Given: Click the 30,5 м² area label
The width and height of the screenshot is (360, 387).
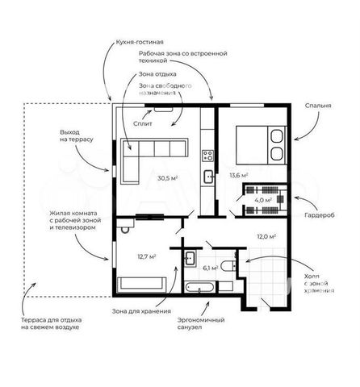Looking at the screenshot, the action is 167,178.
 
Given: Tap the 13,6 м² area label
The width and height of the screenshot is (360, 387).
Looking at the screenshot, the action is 239,175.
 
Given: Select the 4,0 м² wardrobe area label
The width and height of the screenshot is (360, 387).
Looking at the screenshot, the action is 263,200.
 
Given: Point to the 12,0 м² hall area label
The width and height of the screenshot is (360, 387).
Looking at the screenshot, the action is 267,236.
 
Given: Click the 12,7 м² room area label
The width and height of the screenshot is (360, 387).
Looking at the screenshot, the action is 147,256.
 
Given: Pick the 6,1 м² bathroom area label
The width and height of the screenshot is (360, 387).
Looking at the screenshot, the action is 211,268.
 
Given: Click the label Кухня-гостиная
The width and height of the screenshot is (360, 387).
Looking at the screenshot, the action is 140,42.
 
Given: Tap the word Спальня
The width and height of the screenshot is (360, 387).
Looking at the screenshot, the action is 318,106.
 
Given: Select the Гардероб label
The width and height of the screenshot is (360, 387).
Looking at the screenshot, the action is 320,215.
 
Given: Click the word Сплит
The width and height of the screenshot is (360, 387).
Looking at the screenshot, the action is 143,123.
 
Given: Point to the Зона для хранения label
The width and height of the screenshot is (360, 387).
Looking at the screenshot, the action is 141,311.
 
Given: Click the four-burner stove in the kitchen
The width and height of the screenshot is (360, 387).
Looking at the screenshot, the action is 208,156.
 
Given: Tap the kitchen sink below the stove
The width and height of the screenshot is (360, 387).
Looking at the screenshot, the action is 208,177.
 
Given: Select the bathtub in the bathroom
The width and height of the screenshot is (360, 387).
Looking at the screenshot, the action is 200,287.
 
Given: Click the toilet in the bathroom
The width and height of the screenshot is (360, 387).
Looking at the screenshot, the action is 228,266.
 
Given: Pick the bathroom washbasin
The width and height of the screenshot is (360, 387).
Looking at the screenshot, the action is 190,259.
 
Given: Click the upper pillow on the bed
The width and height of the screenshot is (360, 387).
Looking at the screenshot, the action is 276,136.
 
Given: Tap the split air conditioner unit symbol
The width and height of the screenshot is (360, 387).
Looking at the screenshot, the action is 163,110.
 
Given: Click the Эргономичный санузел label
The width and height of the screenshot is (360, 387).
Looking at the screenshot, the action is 201,323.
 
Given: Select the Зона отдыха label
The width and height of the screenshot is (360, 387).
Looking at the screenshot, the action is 157,74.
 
